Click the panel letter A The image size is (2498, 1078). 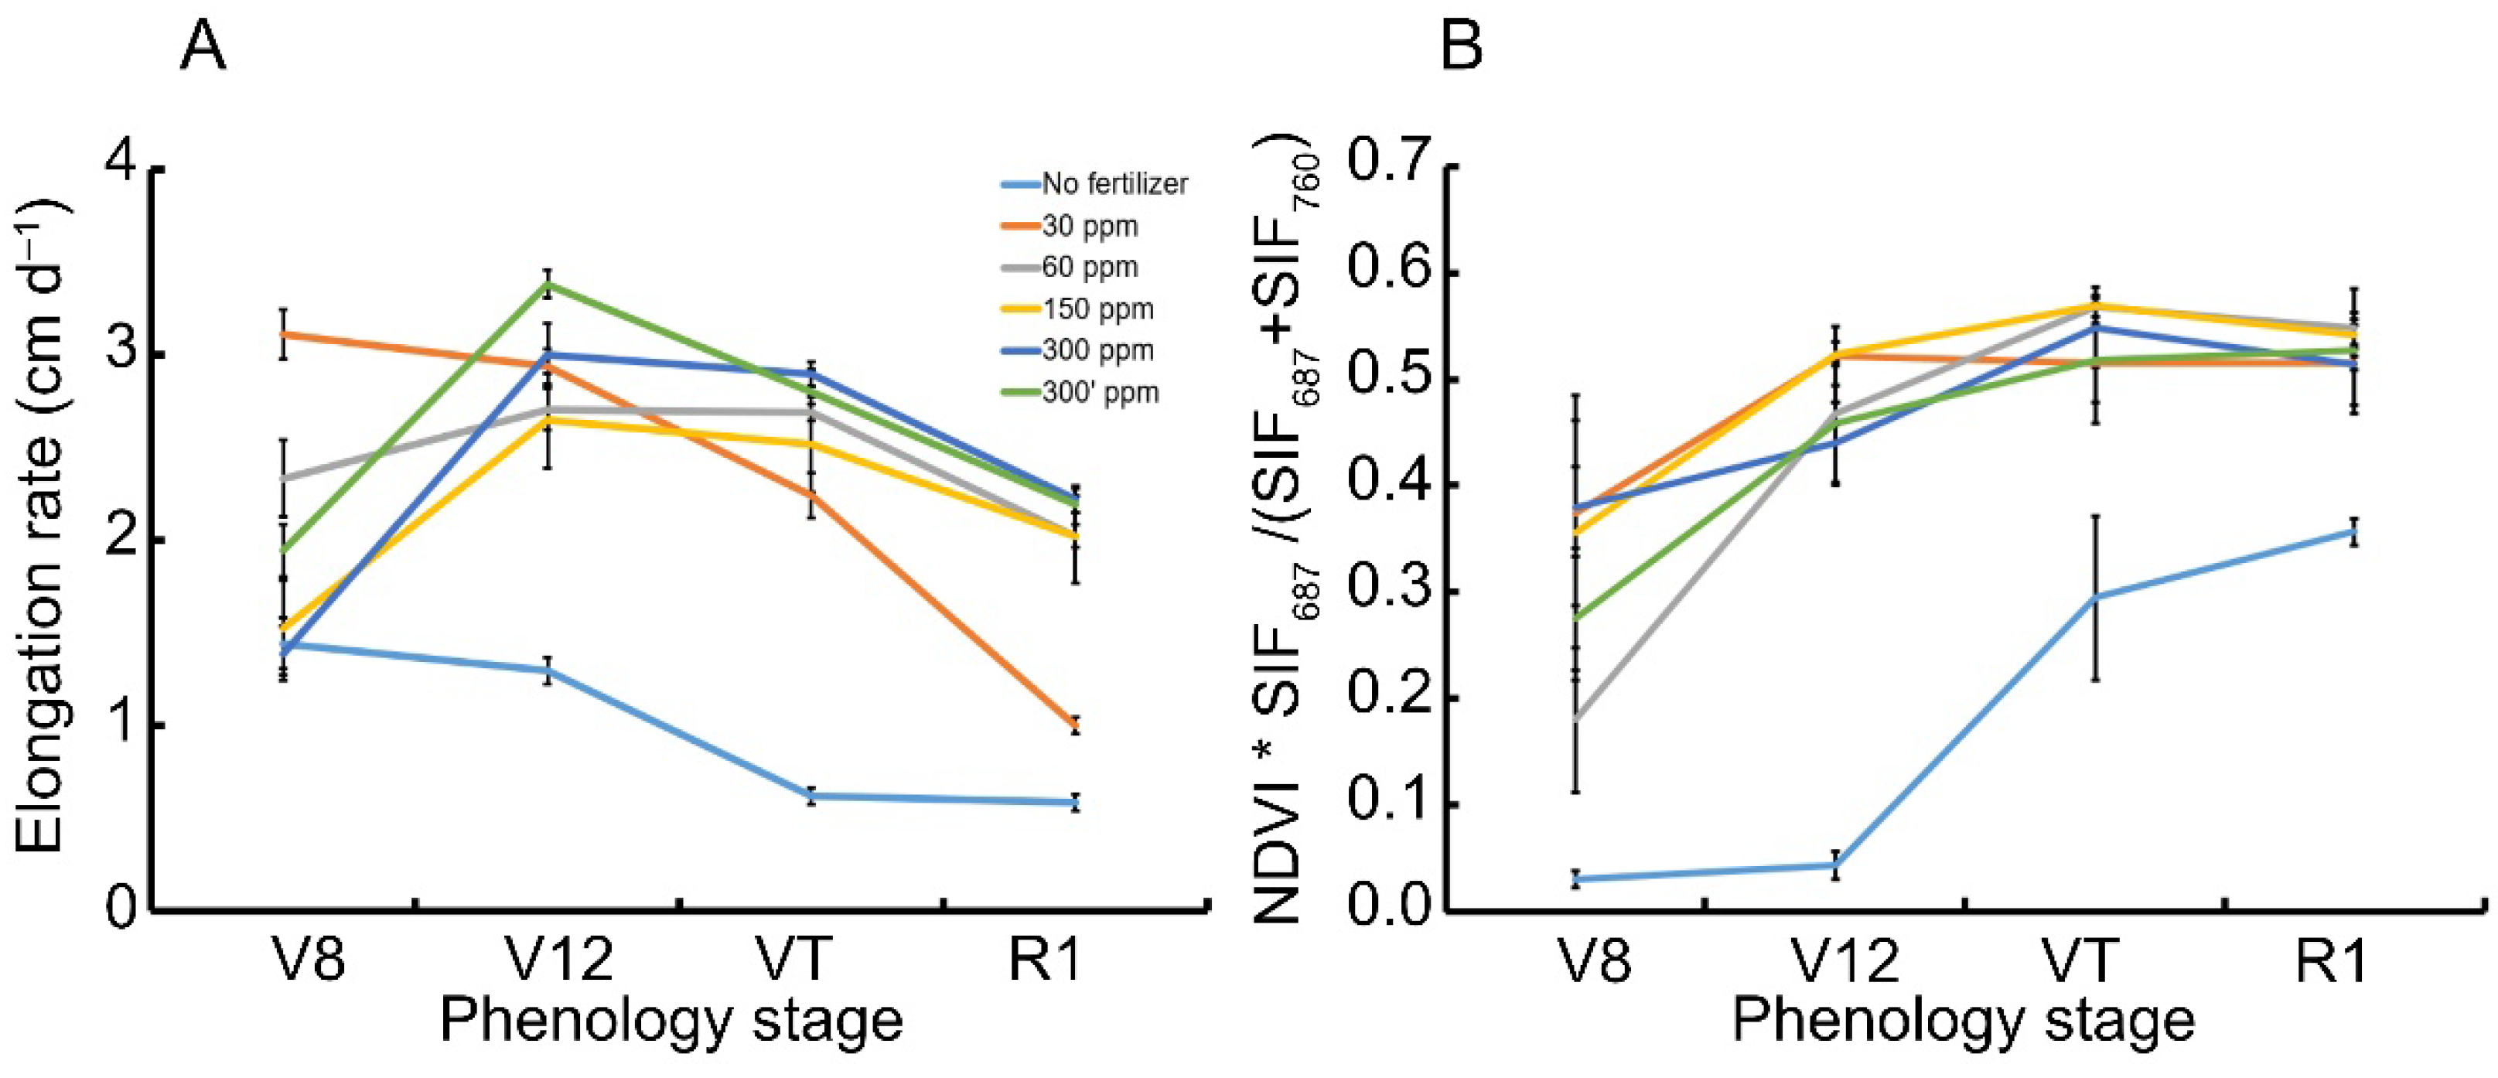click(203, 46)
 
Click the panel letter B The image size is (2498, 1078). click(1462, 46)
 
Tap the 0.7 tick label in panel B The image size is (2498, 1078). click(1386, 168)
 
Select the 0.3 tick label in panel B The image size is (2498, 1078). click(1386, 592)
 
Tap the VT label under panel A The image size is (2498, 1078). click(794, 960)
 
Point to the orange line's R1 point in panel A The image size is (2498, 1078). click(1074, 726)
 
